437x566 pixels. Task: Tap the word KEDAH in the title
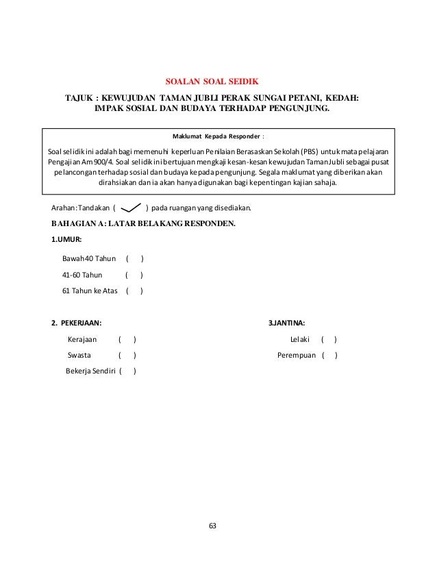click(x=341, y=97)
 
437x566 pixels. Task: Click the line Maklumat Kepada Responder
click(x=218, y=136)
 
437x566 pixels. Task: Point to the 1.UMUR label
click(x=67, y=240)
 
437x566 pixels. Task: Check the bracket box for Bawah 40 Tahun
click(x=134, y=259)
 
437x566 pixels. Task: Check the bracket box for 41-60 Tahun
click(x=134, y=275)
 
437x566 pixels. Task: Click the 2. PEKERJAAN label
click(x=78, y=323)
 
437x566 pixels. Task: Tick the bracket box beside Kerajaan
click(x=127, y=339)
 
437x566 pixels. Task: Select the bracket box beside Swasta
click(x=127, y=356)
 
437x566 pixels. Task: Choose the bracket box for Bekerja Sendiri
click(x=127, y=372)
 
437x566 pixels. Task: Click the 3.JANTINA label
click(x=286, y=323)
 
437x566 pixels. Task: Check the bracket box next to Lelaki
click(x=328, y=339)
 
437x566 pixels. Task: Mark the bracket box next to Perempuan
click(x=329, y=356)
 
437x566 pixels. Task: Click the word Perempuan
click(x=298, y=356)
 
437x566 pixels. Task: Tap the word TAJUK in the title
click(x=78, y=97)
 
